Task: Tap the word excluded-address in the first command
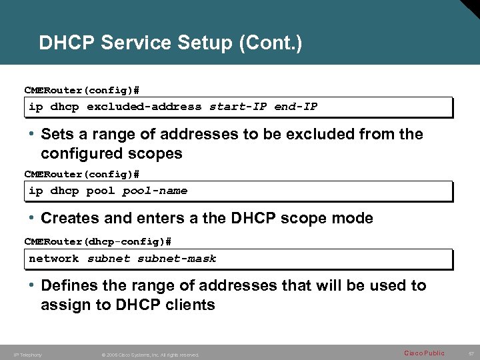click(x=144, y=107)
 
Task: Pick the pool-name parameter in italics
click(x=155, y=191)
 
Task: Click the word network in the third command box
click(x=53, y=259)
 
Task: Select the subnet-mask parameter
click(x=177, y=259)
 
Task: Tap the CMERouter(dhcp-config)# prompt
click(x=98, y=241)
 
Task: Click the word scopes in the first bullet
click(x=157, y=153)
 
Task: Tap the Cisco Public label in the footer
click(x=424, y=353)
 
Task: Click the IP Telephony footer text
click(x=27, y=355)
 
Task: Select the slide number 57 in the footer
click(x=470, y=353)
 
